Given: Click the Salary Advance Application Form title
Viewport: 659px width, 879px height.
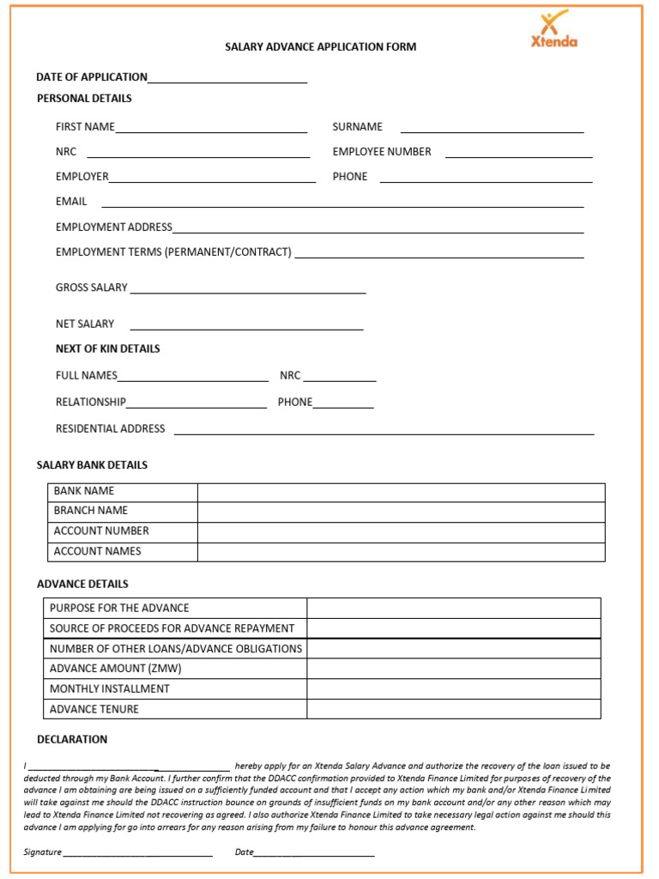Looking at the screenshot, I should [320, 47].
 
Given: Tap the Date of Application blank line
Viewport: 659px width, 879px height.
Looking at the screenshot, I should [227, 78].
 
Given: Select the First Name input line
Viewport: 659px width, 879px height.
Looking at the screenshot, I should [211, 128].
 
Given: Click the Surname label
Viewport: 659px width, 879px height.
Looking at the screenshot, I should [357, 127].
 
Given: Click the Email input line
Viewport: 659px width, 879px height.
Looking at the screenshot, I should [342, 203].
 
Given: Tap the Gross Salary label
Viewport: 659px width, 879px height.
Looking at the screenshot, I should [91, 288].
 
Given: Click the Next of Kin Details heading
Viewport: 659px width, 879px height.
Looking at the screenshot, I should [107, 349].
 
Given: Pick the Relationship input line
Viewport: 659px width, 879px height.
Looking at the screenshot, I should [196, 403].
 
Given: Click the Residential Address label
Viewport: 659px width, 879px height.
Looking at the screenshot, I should [110, 428].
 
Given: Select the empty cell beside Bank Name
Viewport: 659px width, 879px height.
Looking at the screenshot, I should [401, 492].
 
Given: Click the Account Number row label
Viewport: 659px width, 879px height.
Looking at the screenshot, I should [101, 531].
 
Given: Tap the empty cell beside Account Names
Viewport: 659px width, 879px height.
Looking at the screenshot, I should [401, 552].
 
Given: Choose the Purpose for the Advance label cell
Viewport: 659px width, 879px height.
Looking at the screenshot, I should [119, 608].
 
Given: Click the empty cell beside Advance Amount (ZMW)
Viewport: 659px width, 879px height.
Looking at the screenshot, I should [454, 669].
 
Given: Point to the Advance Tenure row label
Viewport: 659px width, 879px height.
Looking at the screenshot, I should [94, 709].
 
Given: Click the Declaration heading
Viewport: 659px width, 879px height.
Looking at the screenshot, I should [72, 739].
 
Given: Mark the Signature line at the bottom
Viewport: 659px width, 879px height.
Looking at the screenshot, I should [137, 852].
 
